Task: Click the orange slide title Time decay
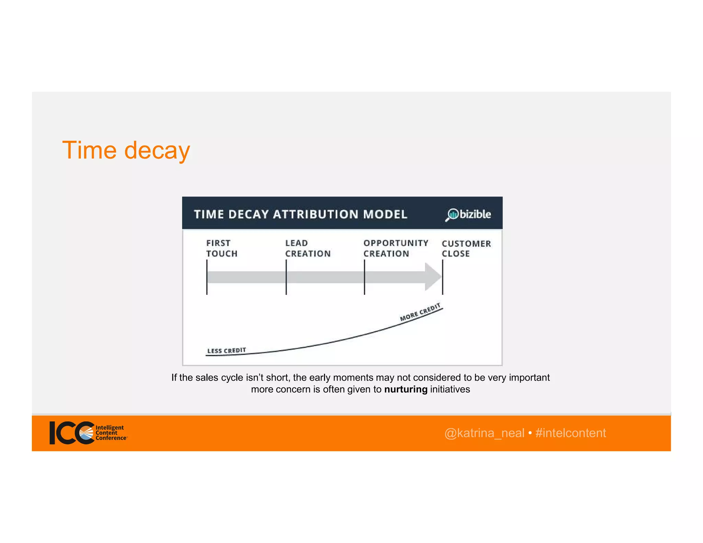pyautogui.click(x=126, y=150)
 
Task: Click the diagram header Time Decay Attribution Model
pyautogui.click(x=301, y=214)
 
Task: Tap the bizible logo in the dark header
pyautogui.click(x=468, y=214)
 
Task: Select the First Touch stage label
pyautogui.click(x=222, y=248)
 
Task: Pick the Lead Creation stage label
pyautogui.click(x=308, y=248)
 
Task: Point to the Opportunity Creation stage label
pyautogui.click(x=396, y=248)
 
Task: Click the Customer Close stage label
pyautogui.click(x=466, y=249)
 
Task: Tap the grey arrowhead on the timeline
pyautogui.click(x=433, y=277)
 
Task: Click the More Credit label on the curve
pyautogui.click(x=420, y=312)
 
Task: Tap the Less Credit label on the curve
pyautogui.click(x=227, y=350)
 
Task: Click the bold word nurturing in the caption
pyautogui.click(x=406, y=389)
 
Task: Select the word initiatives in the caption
pyautogui.click(x=450, y=389)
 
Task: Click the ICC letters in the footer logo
pyautogui.click(x=70, y=433)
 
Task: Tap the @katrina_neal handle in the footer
pyautogui.click(x=484, y=433)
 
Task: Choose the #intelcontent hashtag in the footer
pyautogui.click(x=571, y=433)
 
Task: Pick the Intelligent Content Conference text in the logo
pyautogui.click(x=111, y=432)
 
